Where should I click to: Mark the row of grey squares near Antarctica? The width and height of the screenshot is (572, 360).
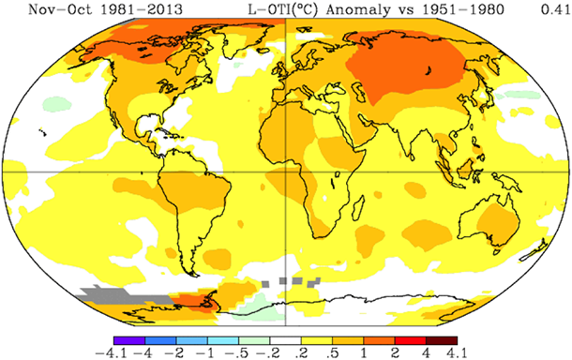pos(290,279)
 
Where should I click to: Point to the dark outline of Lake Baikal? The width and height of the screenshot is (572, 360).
pos(429,69)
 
